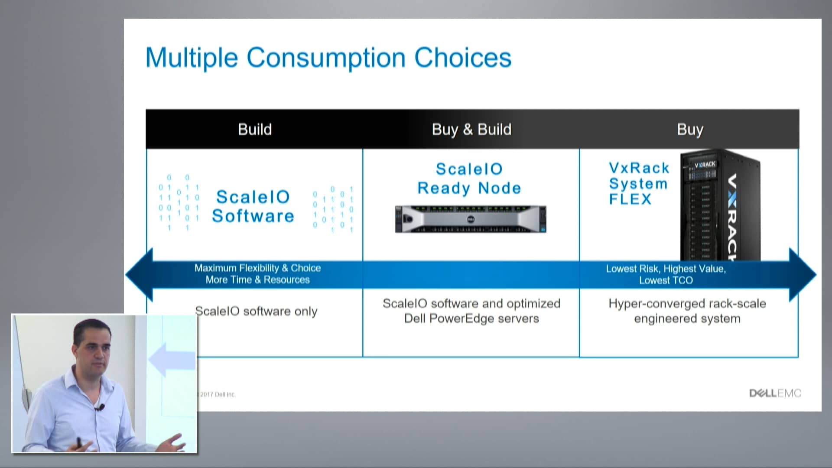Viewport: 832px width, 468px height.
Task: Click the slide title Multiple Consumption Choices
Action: click(x=328, y=58)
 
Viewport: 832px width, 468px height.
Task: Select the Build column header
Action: click(x=255, y=130)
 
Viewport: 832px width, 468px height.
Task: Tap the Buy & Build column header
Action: click(x=471, y=130)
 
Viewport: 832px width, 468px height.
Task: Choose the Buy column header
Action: click(x=690, y=130)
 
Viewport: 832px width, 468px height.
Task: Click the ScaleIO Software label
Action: click(x=253, y=207)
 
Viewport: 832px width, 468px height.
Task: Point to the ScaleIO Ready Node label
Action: click(x=469, y=179)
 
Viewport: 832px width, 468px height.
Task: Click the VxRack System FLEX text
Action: click(x=638, y=183)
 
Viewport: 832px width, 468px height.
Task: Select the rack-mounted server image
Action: click(x=471, y=219)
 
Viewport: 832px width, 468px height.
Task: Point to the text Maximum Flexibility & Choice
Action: click(x=257, y=268)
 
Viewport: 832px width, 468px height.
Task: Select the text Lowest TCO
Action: click(x=666, y=281)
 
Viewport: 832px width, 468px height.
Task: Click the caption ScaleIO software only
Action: click(x=256, y=311)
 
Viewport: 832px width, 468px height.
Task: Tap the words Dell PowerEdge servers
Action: click(x=471, y=318)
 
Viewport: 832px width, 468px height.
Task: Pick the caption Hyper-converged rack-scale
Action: click(x=687, y=303)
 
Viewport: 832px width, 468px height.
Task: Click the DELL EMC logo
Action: click(x=775, y=393)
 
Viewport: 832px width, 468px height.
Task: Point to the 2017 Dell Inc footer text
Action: click(x=217, y=394)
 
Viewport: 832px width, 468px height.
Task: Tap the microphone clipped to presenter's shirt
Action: click(x=101, y=407)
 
